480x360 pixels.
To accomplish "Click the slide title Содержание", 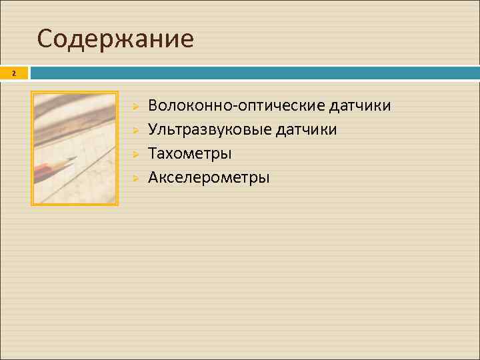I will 115,39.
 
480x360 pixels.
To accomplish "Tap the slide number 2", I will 13,73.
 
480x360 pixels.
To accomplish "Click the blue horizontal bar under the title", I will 253,73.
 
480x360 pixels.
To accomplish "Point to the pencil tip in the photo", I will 73,159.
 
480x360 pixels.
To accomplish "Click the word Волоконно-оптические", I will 237,106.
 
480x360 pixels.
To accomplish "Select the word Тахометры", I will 190,153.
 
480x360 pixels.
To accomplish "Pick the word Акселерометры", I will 209,177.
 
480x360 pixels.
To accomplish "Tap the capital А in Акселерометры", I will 153,177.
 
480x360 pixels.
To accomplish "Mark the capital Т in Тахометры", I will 153,153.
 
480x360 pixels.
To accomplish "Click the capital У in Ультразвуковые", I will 153,129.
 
